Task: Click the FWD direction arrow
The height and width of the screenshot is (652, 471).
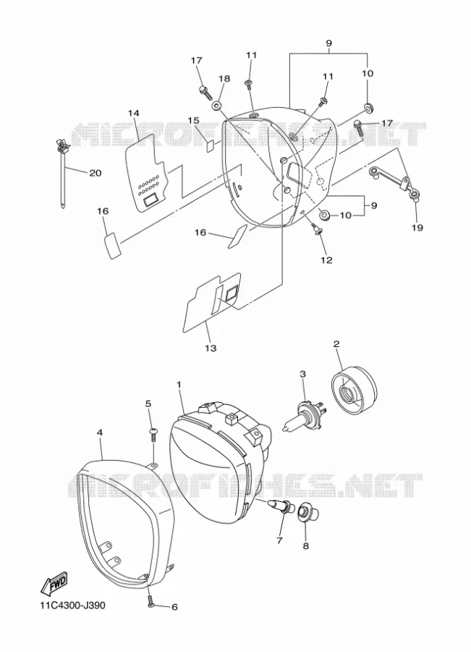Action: (54, 583)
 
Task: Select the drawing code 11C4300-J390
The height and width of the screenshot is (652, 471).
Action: (72, 605)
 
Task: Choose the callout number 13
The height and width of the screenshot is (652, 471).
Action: (211, 348)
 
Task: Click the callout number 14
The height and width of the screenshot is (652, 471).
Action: (133, 113)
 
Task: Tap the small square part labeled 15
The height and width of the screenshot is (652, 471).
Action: (211, 146)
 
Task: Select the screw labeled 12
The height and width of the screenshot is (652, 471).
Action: (316, 228)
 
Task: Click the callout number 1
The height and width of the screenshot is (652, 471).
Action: (179, 385)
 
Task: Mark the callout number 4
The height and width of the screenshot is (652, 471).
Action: (100, 432)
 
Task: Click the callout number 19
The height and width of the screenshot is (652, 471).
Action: (417, 227)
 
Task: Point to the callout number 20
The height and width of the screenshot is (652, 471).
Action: (96, 172)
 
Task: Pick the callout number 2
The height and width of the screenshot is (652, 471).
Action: (336, 343)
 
